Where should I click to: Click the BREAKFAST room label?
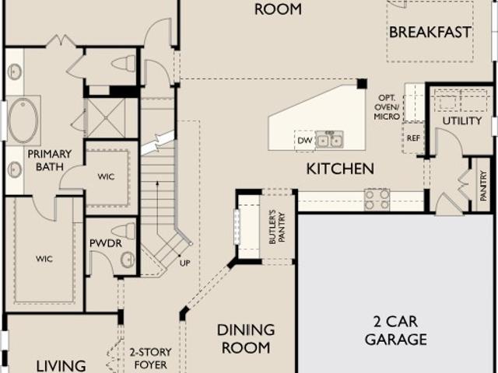[x=430, y=33]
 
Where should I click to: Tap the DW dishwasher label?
[x=305, y=140]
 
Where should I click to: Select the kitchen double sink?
[x=329, y=140]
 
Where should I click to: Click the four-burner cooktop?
[x=377, y=200]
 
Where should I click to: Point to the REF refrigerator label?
[x=413, y=138]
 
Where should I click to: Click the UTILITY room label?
[x=462, y=121]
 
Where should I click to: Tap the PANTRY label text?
[x=483, y=186]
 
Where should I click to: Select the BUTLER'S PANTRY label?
[x=277, y=228]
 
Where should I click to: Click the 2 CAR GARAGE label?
[x=396, y=330]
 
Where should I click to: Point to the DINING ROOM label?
[x=246, y=339]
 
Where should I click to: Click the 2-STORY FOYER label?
[x=150, y=358]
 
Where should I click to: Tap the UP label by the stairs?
[x=185, y=263]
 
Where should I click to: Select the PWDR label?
[x=106, y=243]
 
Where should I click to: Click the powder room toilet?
[x=124, y=232]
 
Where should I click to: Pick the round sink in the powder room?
[x=128, y=260]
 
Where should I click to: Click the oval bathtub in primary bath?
[x=23, y=120]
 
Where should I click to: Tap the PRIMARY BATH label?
[x=50, y=160]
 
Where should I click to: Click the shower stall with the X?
[x=106, y=118]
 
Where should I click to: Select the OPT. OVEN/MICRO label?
[x=387, y=107]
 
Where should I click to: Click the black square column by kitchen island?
[x=362, y=84]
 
